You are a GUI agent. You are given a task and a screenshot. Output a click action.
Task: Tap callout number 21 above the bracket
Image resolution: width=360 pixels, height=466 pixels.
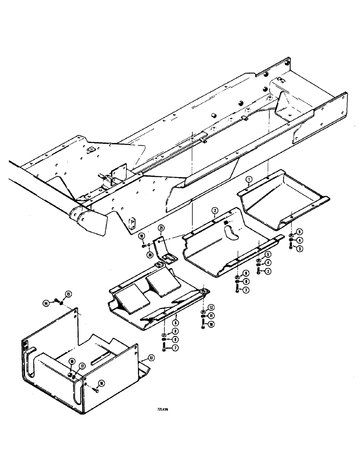click(161, 227)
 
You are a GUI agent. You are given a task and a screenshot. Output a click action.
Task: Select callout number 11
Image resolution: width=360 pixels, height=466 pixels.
click(211, 315)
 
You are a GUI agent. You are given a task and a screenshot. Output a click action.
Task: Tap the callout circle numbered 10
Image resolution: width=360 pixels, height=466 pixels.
click(211, 324)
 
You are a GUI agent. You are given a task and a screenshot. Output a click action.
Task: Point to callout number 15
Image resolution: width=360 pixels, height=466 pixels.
click(68, 294)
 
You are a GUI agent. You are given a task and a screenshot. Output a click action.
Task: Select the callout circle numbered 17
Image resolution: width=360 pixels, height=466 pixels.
click(82, 367)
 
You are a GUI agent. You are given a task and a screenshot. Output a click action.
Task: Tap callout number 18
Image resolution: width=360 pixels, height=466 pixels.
click(73, 361)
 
